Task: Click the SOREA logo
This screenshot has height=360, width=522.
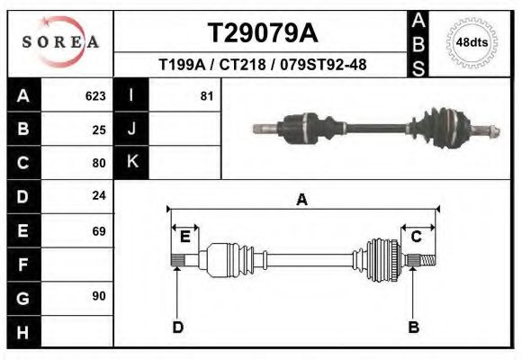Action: coord(60,43)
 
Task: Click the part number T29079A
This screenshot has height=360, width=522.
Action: coord(262,33)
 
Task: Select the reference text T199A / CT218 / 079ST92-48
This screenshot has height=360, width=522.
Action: coord(262,65)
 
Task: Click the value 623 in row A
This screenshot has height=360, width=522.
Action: coord(95,95)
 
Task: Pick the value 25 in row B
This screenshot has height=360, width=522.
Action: coord(99,130)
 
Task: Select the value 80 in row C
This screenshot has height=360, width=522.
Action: coord(99,163)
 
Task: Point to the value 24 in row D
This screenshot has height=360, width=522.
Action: coord(99,195)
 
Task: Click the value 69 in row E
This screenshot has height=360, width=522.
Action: coord(99,231)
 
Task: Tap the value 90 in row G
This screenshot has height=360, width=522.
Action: coord(99,296)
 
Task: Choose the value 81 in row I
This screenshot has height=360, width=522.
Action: coord(206,95)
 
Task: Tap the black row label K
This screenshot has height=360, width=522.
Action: coord(131,162)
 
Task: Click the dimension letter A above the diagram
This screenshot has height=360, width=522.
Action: coord(301,200)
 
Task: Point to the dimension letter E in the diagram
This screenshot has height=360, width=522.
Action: coord(184,237)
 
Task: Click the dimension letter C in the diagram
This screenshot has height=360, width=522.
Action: coord(416,237)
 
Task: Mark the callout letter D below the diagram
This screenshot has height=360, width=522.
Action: coord(177,327)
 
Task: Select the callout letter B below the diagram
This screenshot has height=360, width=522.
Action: coord(414,327)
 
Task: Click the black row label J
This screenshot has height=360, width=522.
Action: coord(131,129)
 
